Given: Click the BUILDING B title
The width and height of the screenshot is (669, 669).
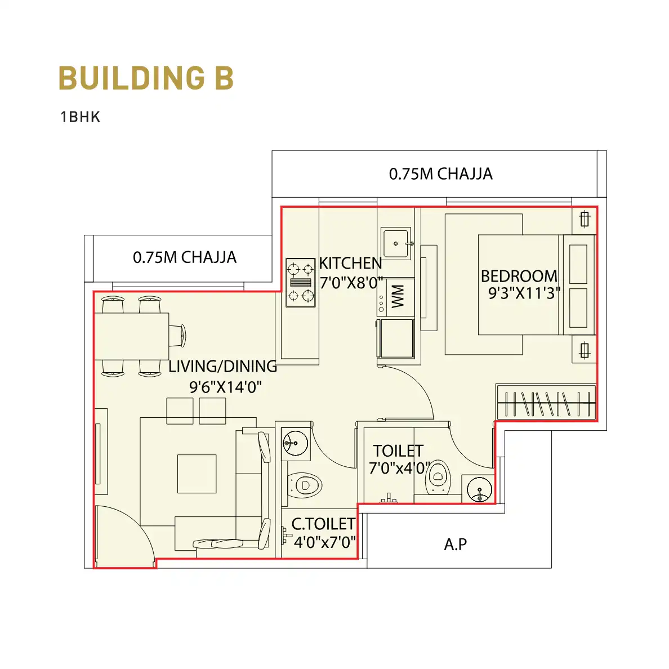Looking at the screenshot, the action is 146,78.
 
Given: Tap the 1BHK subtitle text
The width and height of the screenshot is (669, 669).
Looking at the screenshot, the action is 80,117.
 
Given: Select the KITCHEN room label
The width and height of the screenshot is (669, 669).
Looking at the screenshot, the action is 350,263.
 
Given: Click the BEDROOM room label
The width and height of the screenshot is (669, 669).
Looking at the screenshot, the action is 519,276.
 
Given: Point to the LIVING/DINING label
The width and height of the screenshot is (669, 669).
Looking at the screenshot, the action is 222,366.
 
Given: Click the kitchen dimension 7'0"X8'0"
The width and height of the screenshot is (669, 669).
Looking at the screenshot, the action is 351,283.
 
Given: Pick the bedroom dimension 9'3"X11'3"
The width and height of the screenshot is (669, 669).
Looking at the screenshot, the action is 524,293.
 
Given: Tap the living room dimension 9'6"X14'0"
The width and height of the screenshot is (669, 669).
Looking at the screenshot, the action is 225,387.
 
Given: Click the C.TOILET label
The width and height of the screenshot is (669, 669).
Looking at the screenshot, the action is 323,524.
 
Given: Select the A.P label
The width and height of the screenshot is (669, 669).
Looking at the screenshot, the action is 456,545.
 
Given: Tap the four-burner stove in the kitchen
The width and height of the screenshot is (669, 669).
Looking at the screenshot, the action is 300,283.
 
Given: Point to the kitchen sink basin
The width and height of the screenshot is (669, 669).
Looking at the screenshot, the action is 396,244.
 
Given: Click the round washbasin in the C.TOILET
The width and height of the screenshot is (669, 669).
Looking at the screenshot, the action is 295,443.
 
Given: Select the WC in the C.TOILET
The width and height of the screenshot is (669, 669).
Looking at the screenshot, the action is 304,485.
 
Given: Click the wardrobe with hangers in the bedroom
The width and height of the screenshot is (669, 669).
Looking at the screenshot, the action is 546,402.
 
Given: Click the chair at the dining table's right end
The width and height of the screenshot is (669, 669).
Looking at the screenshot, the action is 177,336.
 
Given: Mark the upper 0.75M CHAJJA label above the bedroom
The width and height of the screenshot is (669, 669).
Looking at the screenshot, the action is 441,174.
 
